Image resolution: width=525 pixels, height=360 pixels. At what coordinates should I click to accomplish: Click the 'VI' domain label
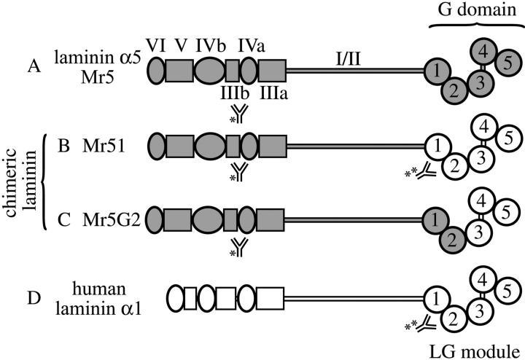155,48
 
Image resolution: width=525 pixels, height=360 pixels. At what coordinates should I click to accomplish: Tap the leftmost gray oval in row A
156,71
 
